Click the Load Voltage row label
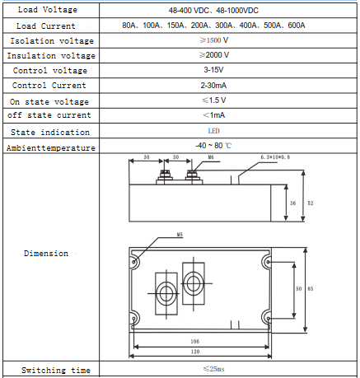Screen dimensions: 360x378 pos(48,10)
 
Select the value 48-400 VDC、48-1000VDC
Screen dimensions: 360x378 pos(213,11)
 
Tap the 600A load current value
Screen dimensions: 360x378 pos(297,26)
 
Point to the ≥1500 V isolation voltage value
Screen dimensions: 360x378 pos(214,40)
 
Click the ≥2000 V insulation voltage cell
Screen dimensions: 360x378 pos(214,55)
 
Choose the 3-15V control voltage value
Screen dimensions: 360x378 pos(213,70)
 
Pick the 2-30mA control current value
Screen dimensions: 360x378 pos(213,86)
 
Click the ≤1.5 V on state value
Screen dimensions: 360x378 pos(214,100)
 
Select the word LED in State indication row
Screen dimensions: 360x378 pos(213,131)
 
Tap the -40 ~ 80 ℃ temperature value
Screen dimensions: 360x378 pos(213,146)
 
